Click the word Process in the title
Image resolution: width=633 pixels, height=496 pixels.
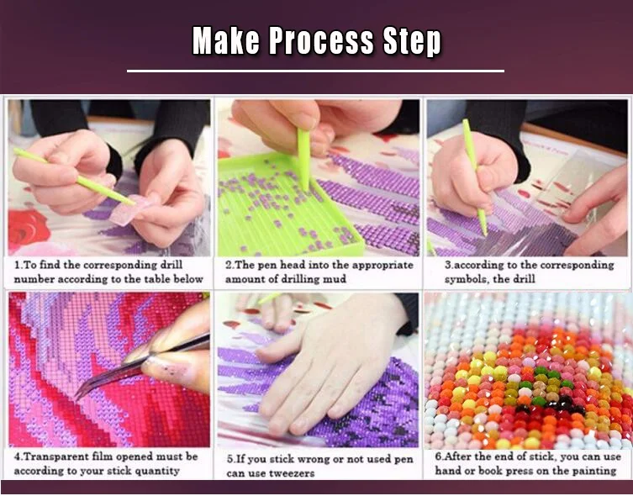[321, 40]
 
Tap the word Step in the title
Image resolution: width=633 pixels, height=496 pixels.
[412, 41]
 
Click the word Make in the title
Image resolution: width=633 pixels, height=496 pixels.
[225, 40]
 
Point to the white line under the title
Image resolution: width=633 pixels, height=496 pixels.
[316, 71]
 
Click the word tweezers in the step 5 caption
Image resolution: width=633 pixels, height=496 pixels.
[290, 473]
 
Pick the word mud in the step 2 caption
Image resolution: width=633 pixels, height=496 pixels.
[335, 279]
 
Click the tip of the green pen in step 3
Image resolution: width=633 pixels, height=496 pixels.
[486, 235]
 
